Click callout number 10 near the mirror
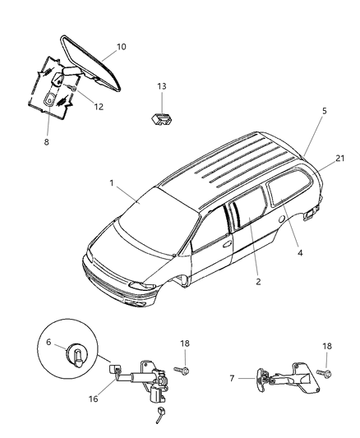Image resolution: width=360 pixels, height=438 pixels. [x=121, y=47]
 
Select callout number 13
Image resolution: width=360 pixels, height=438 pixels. [x=161, y=85]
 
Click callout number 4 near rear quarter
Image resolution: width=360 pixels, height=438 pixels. [x=300, y=253]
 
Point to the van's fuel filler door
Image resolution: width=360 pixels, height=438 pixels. [x=283, y=221]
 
